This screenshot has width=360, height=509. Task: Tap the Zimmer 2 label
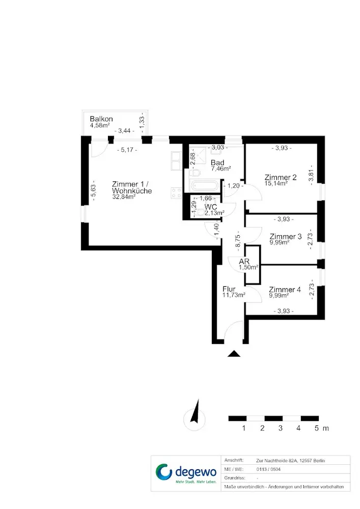281,178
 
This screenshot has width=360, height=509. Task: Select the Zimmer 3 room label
286,236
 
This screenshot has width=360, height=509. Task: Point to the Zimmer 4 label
285,289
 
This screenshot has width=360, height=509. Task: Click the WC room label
211,207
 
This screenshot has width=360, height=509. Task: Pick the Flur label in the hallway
229,289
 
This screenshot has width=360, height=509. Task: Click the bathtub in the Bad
207,186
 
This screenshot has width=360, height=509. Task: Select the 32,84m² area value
124,197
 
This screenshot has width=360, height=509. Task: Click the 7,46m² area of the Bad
221,168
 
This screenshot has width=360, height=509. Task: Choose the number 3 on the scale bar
281,429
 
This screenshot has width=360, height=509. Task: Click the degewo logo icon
164,472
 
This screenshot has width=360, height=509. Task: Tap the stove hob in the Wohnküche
177,193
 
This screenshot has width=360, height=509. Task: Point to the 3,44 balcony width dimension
125,131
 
